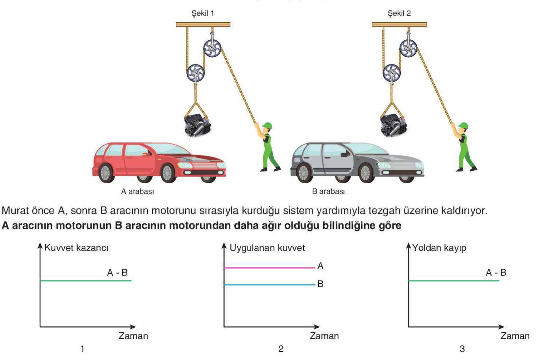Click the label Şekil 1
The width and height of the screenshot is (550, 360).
(x=203, y=13)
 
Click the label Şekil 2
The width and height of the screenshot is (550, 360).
(x=399, y=13)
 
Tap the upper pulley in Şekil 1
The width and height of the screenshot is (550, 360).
(x=212, y=48)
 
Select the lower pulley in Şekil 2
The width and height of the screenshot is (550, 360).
(x=391, y=73)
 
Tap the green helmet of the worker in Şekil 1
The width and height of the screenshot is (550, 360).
(x=268, y=126)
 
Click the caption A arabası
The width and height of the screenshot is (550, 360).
(x=138, y=191)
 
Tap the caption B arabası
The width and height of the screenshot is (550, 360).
(x=329, y=191)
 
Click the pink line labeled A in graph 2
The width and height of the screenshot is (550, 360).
(x=270, y=268)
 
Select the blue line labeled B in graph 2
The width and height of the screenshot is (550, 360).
(x=270, y=285)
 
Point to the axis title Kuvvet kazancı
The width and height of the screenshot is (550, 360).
(x=76, y=248)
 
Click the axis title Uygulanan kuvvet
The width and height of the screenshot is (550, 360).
(x=267, y=248)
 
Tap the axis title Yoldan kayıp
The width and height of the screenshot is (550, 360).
(x=439, y=248)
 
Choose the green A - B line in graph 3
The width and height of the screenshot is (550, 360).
(x=454, y=281)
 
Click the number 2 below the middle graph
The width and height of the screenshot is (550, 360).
(x=281, y=349)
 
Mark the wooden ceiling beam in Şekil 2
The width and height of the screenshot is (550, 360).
(x=399, y=24)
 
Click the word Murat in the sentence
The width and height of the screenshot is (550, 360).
(x=16, y=211)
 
